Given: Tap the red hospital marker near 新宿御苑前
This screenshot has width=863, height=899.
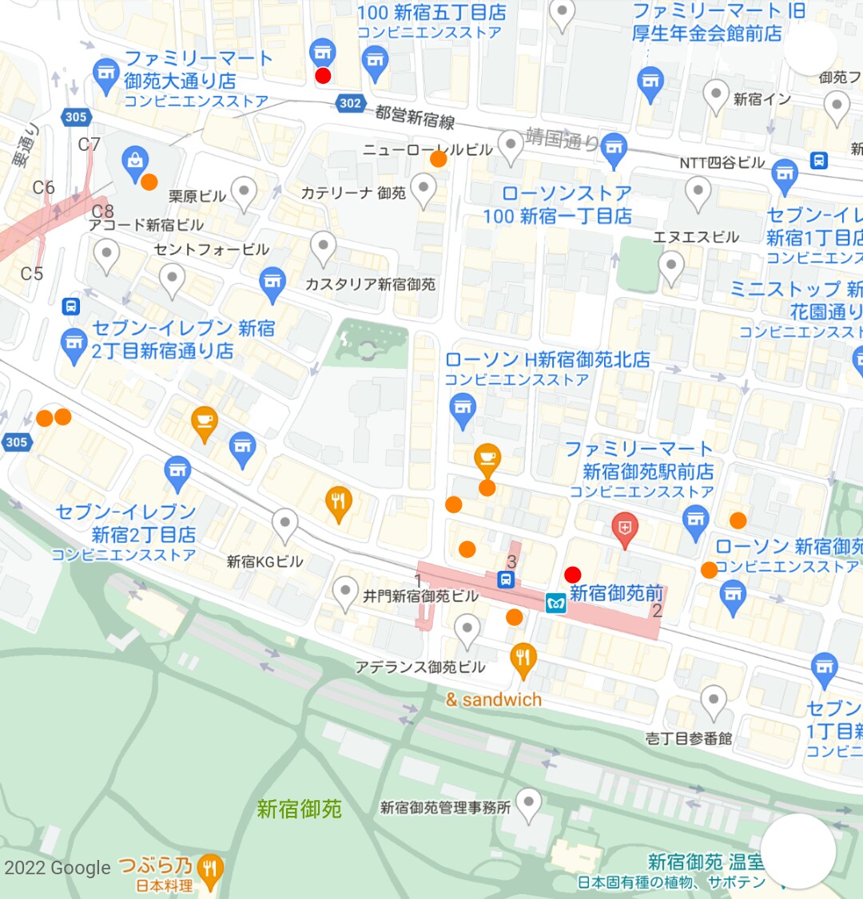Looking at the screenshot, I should point(624,528).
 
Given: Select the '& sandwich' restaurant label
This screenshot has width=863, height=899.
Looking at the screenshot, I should point(494,700).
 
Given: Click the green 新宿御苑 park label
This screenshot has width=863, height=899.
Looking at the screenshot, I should point(299,809).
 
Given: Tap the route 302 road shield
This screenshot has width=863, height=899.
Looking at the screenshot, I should point(349,103).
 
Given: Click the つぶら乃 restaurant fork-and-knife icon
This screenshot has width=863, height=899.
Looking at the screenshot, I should point(209,868).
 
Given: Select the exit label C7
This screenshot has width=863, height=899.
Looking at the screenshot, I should point(89,145).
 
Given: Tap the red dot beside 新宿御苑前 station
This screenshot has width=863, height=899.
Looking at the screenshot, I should point(572,574).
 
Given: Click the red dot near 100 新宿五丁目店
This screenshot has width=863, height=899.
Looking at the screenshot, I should point(323,76).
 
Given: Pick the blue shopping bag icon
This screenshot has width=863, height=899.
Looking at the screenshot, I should point(134,160).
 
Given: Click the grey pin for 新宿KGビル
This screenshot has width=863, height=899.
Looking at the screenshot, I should point(284,525).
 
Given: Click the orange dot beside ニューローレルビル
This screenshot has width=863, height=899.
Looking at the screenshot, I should point(438,159).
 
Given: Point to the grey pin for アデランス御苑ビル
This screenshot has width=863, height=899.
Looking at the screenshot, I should point(467,628).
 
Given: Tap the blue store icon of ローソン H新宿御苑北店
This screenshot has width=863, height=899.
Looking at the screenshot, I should point(463,409).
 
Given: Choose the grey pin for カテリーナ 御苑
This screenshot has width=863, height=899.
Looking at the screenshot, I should point(423,190).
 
